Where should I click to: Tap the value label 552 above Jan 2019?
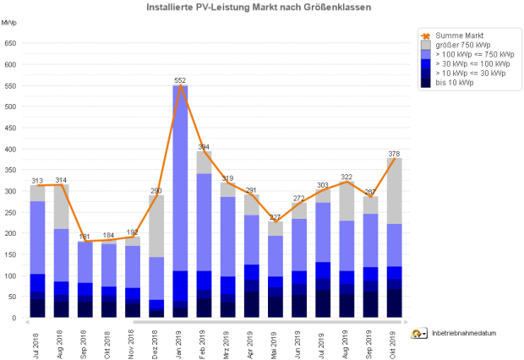click(x=180, y=80)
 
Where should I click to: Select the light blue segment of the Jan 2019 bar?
click(x=180, y=177)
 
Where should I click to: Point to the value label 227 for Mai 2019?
click(x=275, y=217)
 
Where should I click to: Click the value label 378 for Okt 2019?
click(x=394, y=154)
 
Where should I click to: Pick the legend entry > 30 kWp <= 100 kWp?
click(x=472, y=63)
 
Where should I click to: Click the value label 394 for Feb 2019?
click(x=204, y=147)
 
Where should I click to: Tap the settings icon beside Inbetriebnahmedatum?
click(x=418, y=333)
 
